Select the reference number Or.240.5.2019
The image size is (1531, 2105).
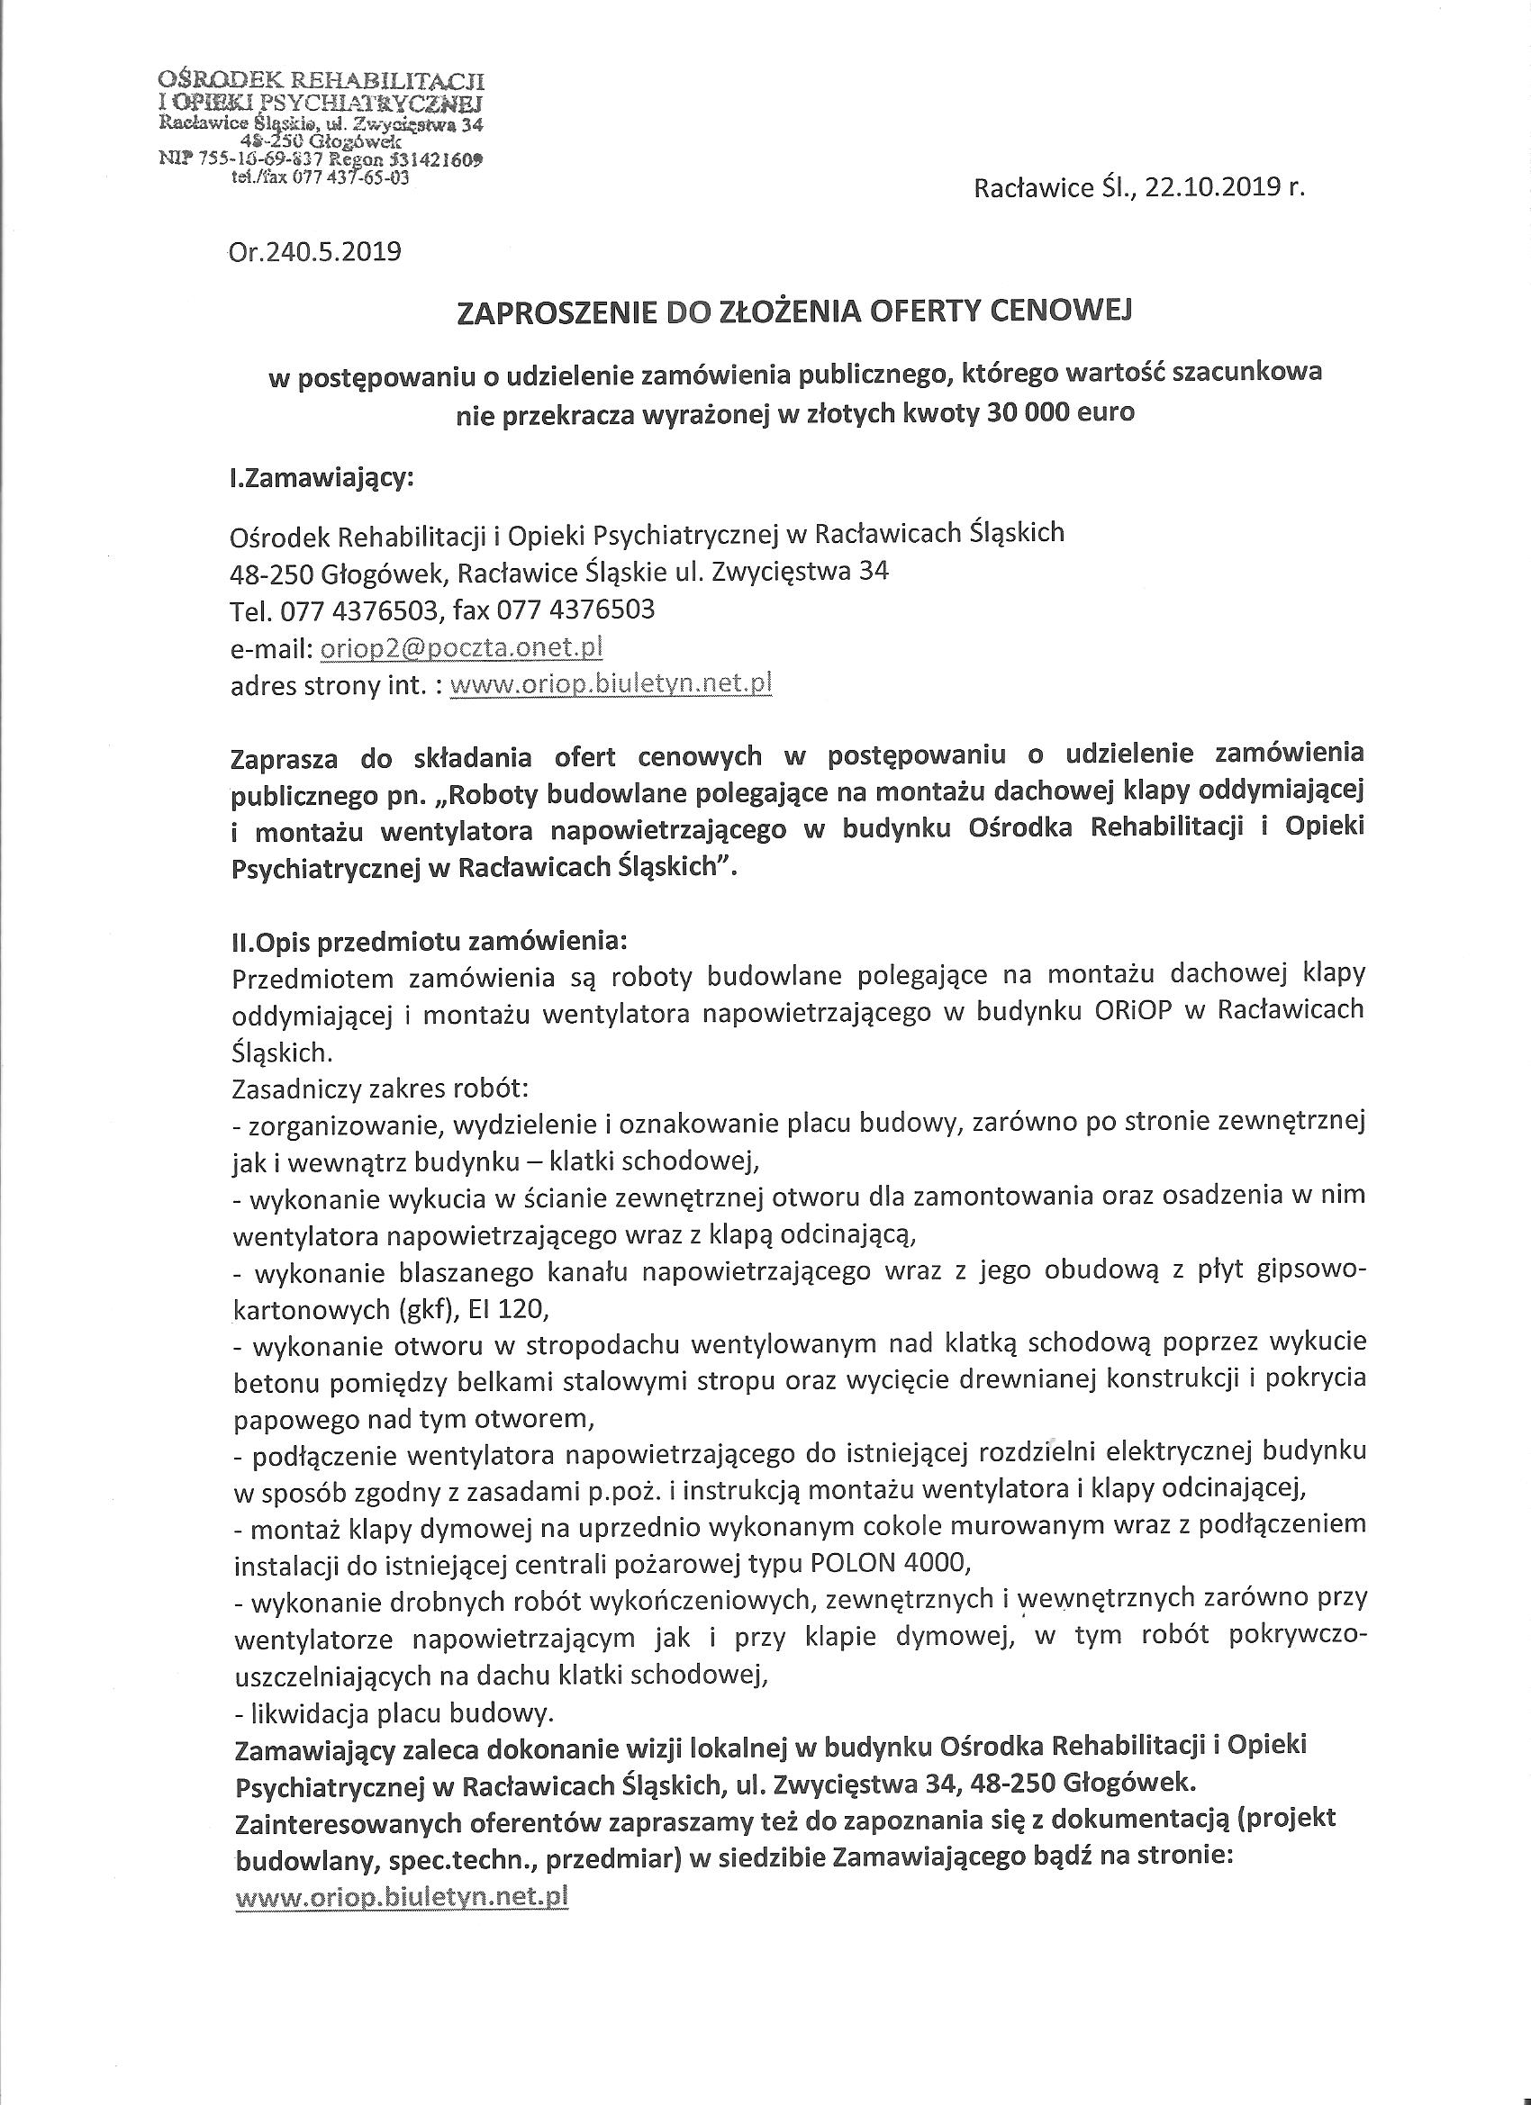pos(314,251)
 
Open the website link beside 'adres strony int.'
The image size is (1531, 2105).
pos(610,684)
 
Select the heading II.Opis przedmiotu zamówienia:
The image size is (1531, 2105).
pos(428,940)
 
